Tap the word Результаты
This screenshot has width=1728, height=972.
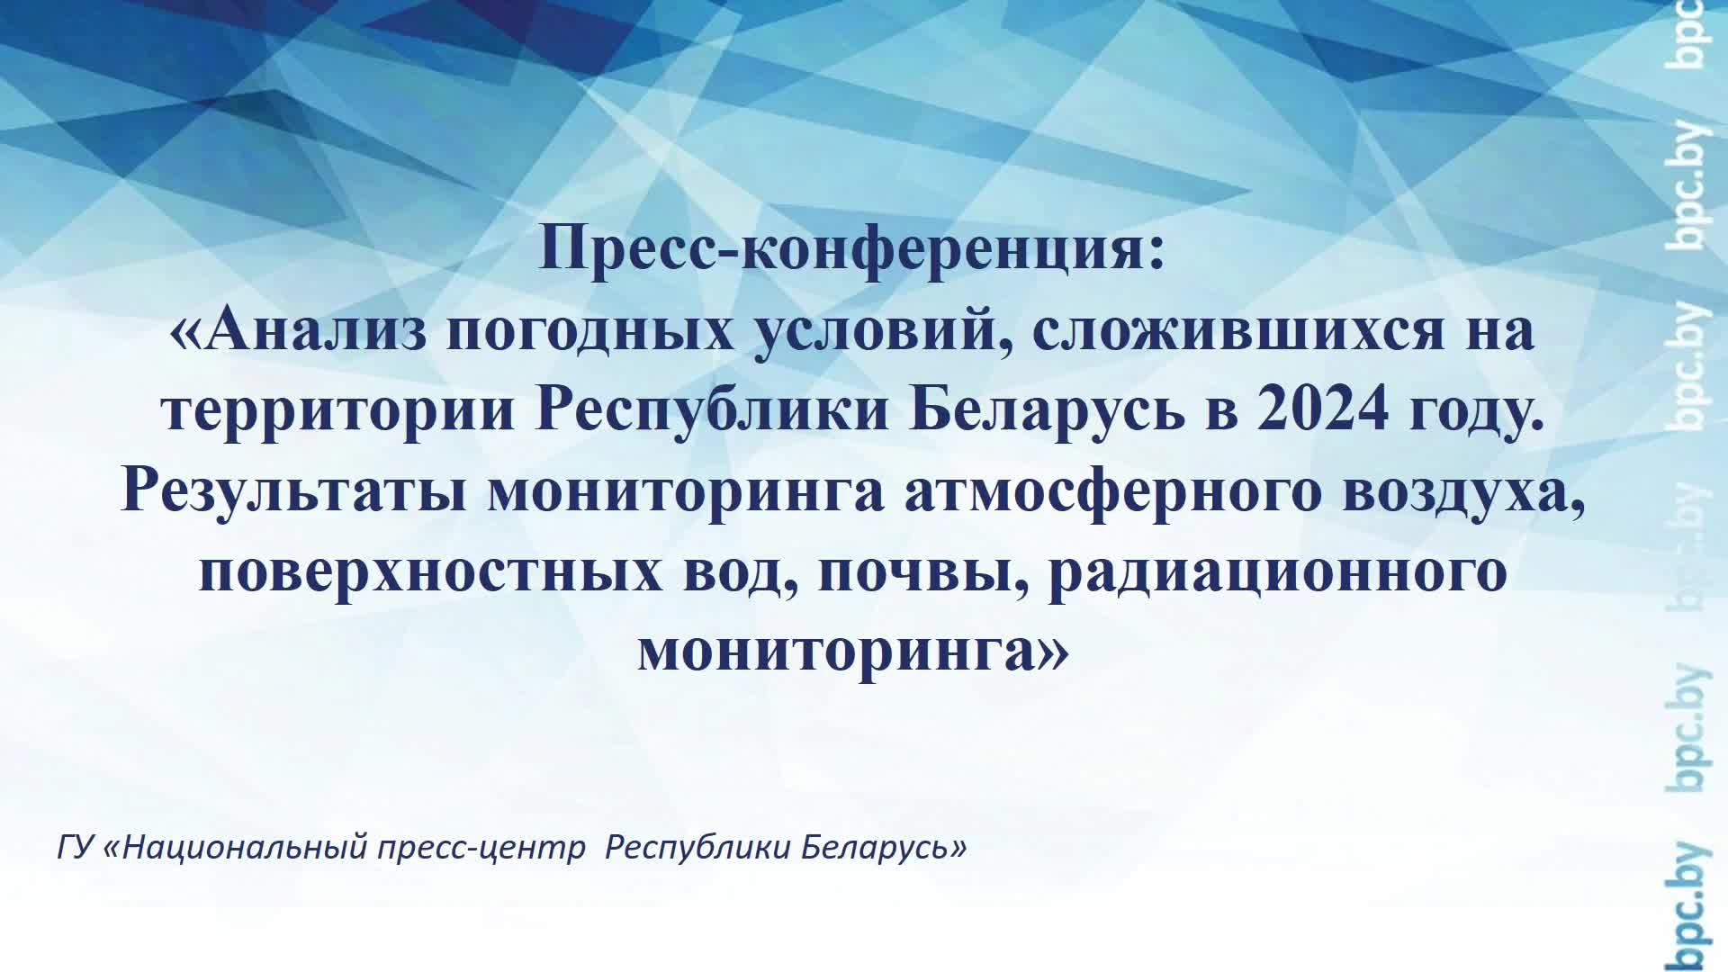coord(293,492)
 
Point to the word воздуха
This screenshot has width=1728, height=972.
coord(1462,494)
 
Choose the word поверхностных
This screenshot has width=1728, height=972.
coord(423,573)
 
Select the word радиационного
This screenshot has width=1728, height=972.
coord(1278,573)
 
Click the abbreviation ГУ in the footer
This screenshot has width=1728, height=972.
coord(75,848)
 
